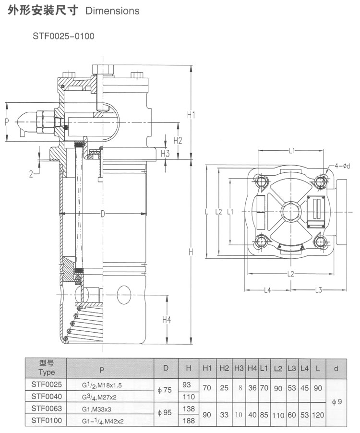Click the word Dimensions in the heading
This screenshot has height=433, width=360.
click(112, 11)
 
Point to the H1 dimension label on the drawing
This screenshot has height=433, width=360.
click(192, 115)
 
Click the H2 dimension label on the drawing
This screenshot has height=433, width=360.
click(178, 140)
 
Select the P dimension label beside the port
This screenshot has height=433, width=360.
click(7, 122)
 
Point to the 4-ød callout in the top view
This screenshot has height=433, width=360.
click(342, 166)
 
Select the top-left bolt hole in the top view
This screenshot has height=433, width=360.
click(261, 181)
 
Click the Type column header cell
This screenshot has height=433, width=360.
click(47, 368)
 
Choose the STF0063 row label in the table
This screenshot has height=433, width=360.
click(47, 409)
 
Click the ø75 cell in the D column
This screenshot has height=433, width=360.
click(165, 390)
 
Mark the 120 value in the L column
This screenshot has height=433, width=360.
click(317, 415)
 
